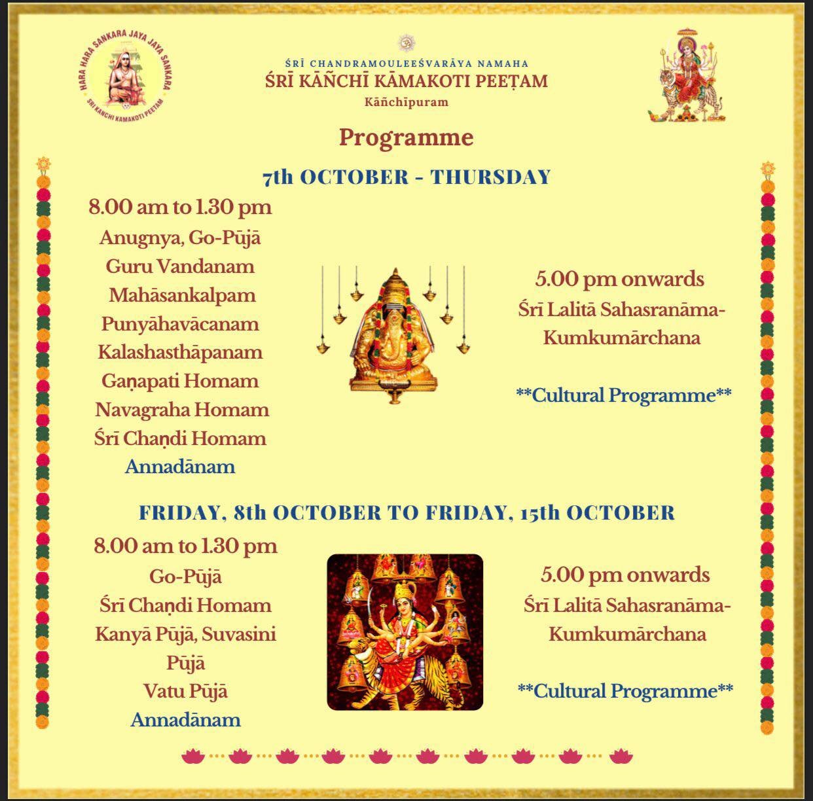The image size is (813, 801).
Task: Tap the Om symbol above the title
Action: click(x=406, y=43)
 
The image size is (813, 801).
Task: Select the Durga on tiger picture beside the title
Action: click(x=687, y=75)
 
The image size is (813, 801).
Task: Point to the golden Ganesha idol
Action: click(x=393, y=335)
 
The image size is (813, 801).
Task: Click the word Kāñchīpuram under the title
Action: click(x=406, y=102)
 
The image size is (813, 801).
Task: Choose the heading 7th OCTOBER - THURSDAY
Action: click(x=406, y=177)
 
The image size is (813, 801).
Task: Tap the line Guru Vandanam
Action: click(x=180, y=266)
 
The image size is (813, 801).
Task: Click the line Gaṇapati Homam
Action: click(x=180, y=382)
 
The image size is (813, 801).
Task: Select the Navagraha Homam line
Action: click(x=182, y=410)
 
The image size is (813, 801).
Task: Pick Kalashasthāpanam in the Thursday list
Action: click(x=180, y=353)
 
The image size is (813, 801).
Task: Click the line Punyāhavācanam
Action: click(x=180, y=325)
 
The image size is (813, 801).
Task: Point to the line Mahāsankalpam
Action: click(x=182, y=296)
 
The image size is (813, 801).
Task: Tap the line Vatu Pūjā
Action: click(x=186, y=692)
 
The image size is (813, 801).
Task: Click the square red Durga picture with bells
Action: click(x=405, y=632)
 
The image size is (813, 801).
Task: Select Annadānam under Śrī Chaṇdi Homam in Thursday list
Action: click(x=180, y=467)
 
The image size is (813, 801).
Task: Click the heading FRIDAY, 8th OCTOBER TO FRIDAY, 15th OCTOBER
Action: click(x=406, y=513)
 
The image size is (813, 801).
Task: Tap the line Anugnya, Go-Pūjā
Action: click(x=180, y=238)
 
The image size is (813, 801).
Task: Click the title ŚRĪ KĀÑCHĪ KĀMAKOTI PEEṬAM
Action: click(x=406, y=81)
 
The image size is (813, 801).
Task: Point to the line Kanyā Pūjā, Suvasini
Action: click(x=186, y=634)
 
